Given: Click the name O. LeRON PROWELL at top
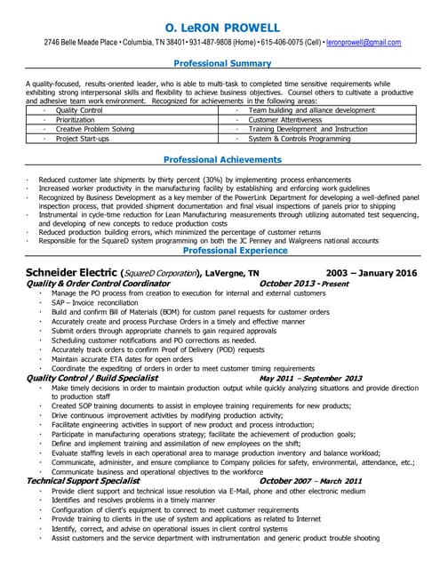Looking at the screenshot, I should pyautogui.click(x=221, y=28).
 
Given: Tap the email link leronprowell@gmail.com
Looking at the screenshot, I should pyautogui.click(x=364, y=42).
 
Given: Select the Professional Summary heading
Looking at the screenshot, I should pyautogui.click(x=221, y=64).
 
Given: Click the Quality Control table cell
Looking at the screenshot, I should pyautogui.click(x=79, y=110).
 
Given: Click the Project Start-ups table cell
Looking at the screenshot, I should pyautogui.click(x=83, y=139).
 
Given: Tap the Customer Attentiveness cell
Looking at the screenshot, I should pyautogui.click(x=284, y=119).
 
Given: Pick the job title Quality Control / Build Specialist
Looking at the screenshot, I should pyautogui.click(x=93, y=378).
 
